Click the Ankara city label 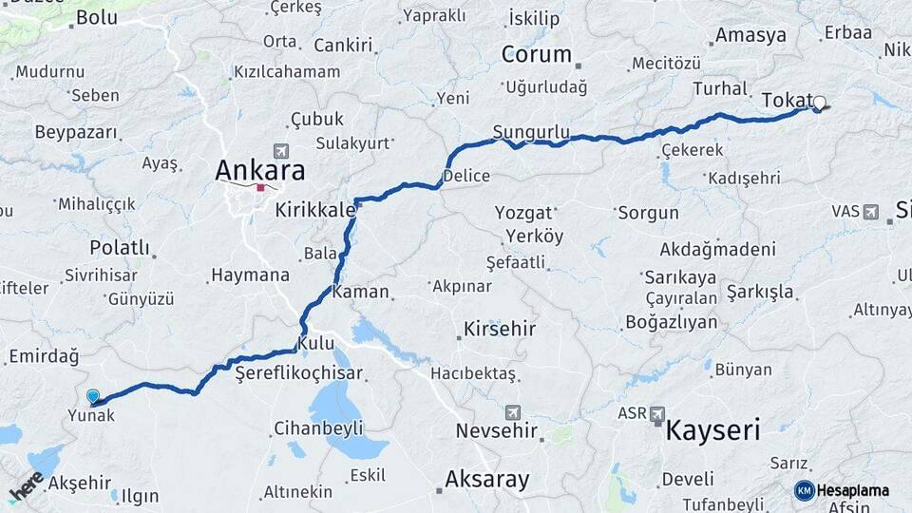pyautogui.click(x=260, y=171)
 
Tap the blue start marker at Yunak pyautogui.click(x=93, y=397)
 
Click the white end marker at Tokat pyautogui.click(x=819, y=104)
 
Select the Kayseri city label pyautogui.click(x=712, y=431)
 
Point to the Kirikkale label pyautogui.click(x=315, y=209)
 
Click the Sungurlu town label pyautogui.click(x=531, y=131)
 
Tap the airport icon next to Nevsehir pyautogui.click(x=514, y=412)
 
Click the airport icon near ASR pyautogui.click(x=657, y=413)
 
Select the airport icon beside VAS pyautogui.click(x=871, y=211)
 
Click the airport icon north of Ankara pyautogui.click(x=279, y=151)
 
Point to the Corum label pyautogui.click(x=537, y=55)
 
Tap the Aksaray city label pyautogui.click(x=486, y=479)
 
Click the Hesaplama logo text pyautogui.click(x=852, y=490)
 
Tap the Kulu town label pyautogui.click(x=315, y=342)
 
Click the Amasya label pyautogui.click(x=750, y=36)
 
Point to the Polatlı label pyautogui.click(x=120, y=248)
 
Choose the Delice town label pyautogui.click(x=466, y=176)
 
